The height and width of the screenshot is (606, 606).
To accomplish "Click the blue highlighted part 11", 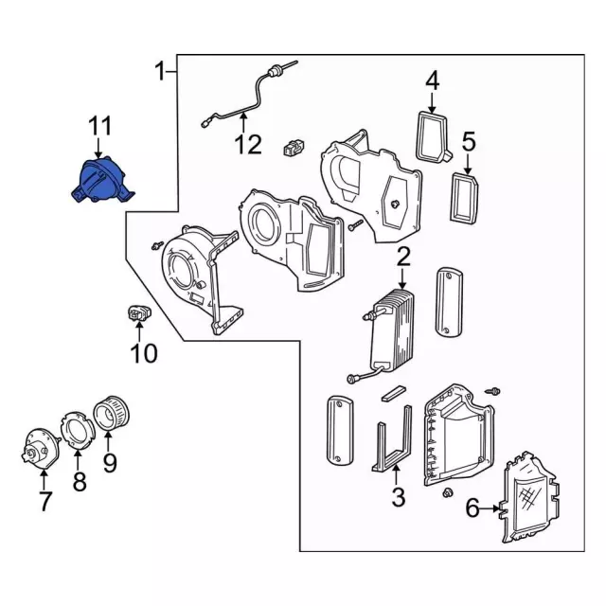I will point(99,181).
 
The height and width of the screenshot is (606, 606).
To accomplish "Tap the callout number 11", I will point(100,126).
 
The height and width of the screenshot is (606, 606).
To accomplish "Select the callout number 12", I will point(247,145).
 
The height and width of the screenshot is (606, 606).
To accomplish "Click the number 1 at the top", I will point(161,69).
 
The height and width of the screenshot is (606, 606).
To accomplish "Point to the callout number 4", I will point(432,80).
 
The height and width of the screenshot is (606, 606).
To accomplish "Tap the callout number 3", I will point(398,495).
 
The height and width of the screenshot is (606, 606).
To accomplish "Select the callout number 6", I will point(472,509).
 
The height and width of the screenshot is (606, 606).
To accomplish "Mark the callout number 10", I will point(144,354).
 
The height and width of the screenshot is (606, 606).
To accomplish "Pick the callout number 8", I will point(80,482).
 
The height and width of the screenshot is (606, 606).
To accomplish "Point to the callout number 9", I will point(109,463).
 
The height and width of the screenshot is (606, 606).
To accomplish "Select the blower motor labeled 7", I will point(41,448).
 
